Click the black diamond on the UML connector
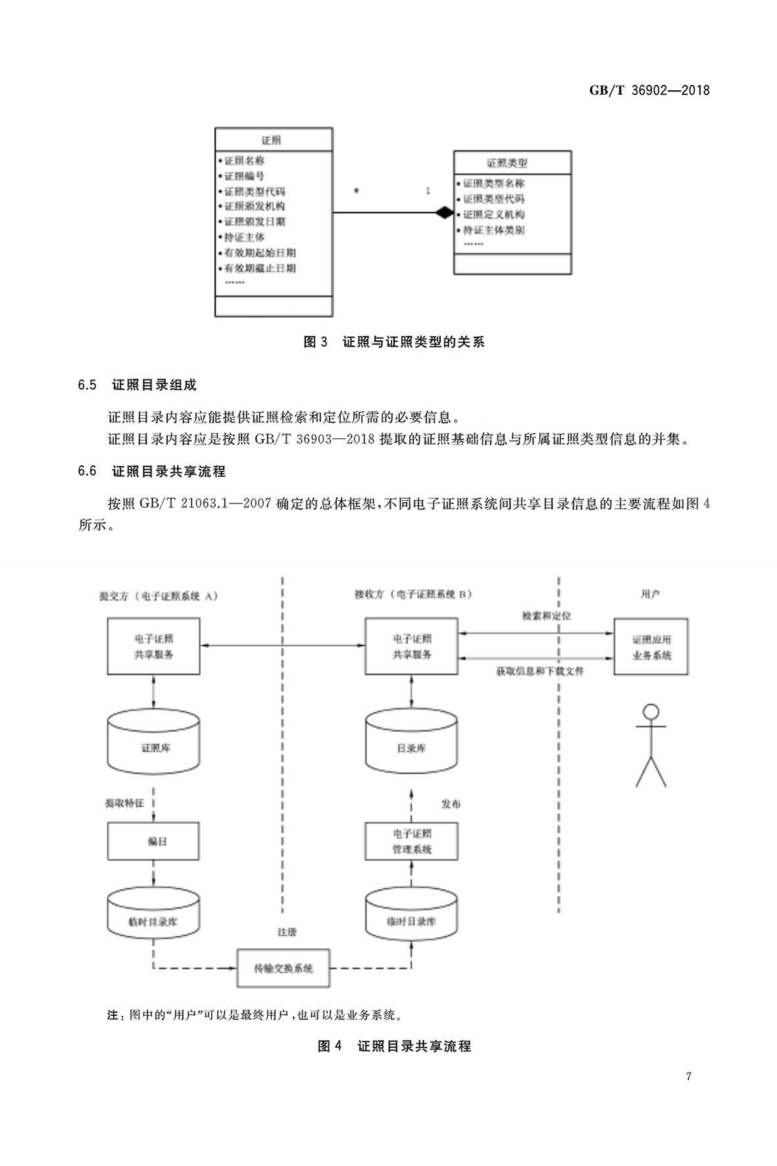tap(444, 213)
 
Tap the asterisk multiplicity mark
tap(357, 191)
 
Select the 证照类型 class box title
tap(507, 163)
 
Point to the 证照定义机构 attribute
tap(493, 215)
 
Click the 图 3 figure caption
tap(393, 342)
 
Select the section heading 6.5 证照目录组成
tap(137, 385)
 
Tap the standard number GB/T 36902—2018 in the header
tap(649, 91)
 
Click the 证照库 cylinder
tap(153, 744)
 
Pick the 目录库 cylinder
tap(411, 744)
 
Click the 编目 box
tap(153, 841)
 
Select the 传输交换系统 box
tap(283, 968)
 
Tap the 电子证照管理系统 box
tap(411, 841)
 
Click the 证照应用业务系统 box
tap(651, 647)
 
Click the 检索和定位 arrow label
tap(546, 616)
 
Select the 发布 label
tap(451, 804)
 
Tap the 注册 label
tap(287, 932)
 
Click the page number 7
tap(688, 1077)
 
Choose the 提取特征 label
tap(124, 803)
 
